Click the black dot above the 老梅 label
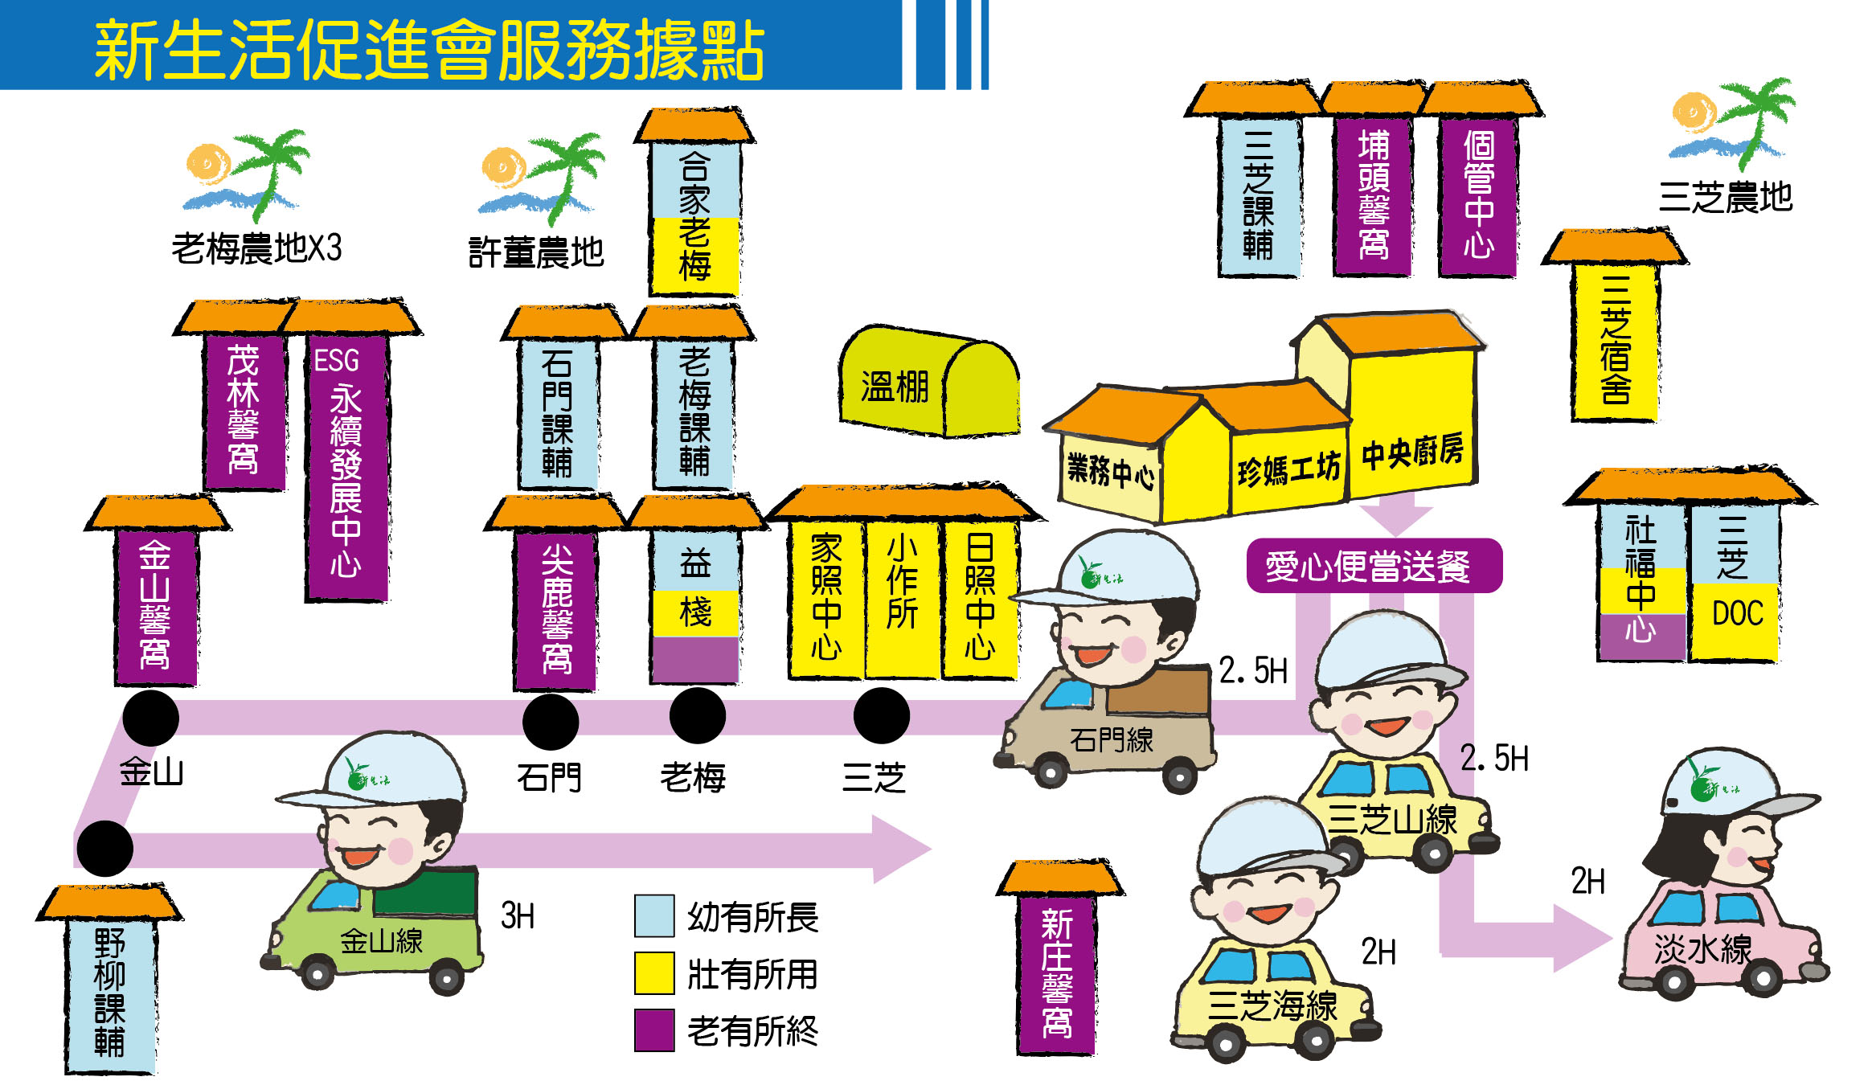pos(697,715)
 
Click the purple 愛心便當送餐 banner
pos(1373,566)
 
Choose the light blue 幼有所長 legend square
pos(653,916)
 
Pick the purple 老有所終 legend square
pos(653,1030)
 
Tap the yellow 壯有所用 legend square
pos(653,973)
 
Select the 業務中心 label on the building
pos(1110,471)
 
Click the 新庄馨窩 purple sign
pos(1057,972)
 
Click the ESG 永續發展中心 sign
pos(346,466)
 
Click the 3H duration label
pos(518,915)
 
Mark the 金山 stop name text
pos(151,772)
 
